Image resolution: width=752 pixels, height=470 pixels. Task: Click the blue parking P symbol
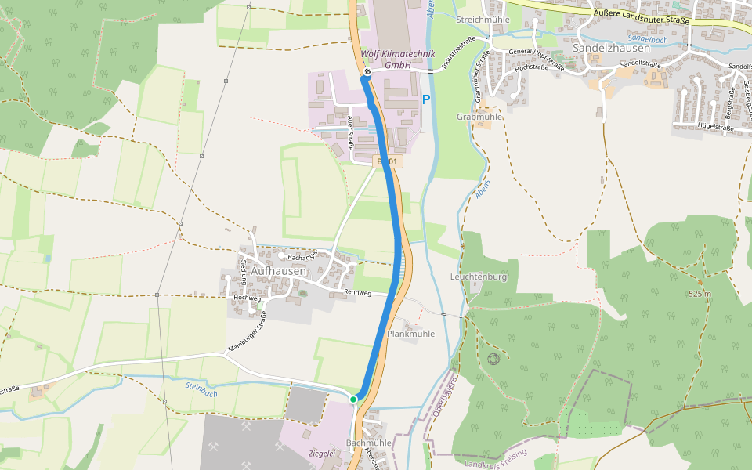[x=426, y=99]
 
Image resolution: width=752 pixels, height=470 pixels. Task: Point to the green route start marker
[x=353, y=399]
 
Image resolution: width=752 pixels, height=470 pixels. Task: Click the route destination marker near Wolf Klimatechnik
[x=367, y=72]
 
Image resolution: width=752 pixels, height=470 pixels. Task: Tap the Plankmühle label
[x=410, y=334]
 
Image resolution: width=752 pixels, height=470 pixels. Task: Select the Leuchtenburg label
[x=479, y=277]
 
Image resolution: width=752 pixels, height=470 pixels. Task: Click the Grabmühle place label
[x=479, y=117]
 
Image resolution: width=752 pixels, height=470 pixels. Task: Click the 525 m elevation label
[x=700, y=294]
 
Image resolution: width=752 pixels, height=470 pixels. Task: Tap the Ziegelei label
[x=322, y=453]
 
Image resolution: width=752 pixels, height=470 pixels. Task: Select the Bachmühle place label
[x=368, y=443]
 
